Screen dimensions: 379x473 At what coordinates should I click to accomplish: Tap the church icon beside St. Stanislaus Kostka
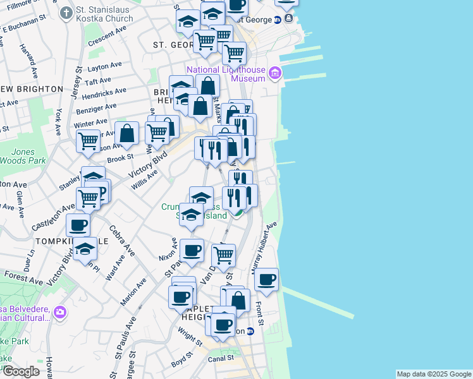[x=66, y=12]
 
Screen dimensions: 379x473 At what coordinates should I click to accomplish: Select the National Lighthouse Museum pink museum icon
[x=274, y=74]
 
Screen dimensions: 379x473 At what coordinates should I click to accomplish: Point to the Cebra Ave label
[x=121, y=241]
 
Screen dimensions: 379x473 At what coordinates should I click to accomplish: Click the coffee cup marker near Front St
[x=267, y=279]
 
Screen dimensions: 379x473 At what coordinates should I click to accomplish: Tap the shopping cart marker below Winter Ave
[x=88, y=140]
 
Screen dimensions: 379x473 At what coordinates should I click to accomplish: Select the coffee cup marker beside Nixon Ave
[x=192, y=250]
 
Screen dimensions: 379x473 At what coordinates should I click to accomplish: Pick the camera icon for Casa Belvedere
[x=60, y=311]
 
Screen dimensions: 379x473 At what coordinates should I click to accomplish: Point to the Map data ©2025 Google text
[x=433, y=374]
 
